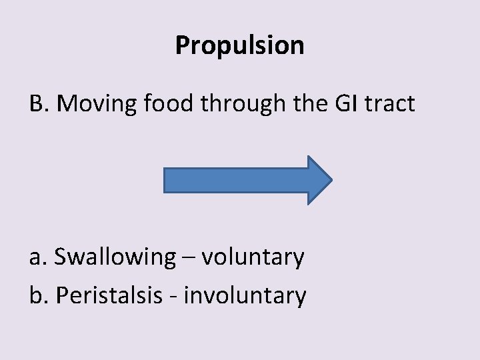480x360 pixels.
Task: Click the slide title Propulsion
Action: pos(240,45)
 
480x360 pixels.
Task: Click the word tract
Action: pos(393,105)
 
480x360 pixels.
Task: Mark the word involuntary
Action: pos(245,295)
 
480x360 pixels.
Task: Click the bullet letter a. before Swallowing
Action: pos(38,256)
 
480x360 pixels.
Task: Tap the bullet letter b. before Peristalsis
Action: pos(39,295)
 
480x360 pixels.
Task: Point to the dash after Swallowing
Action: pos(188,257)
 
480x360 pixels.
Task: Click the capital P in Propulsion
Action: pos(183,45)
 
